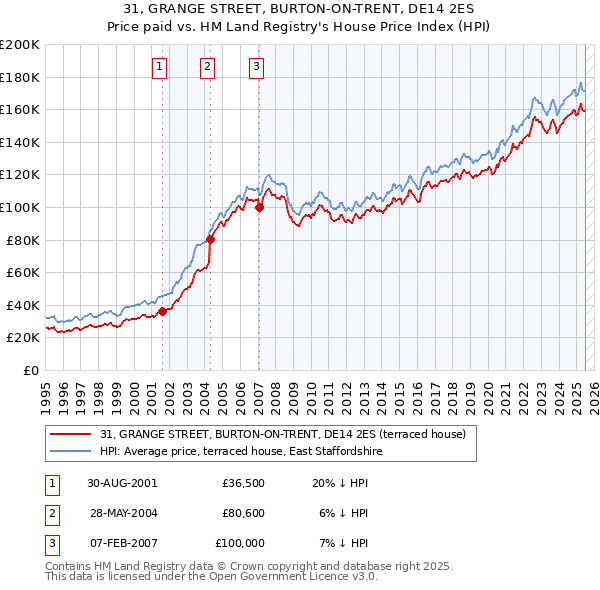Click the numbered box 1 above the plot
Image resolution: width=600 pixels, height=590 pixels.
point(160,67)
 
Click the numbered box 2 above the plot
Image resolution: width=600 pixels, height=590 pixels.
point(207,67)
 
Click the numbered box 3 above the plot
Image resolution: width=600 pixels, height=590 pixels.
point(256,67)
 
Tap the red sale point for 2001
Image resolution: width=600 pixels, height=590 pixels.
point(162,311)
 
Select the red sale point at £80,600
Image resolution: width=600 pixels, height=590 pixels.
point(211,239)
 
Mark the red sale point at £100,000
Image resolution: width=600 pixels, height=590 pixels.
point(259,207)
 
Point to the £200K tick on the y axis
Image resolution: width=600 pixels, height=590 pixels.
point(20,45)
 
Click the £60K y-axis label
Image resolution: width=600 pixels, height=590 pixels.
point(24,272)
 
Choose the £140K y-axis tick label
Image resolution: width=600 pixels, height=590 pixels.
point(20,142)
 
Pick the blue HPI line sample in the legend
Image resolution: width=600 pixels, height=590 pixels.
point(71,452)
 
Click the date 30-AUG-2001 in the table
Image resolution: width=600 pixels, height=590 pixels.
point(122,483)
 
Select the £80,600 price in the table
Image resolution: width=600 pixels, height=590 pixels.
point(243,513)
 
